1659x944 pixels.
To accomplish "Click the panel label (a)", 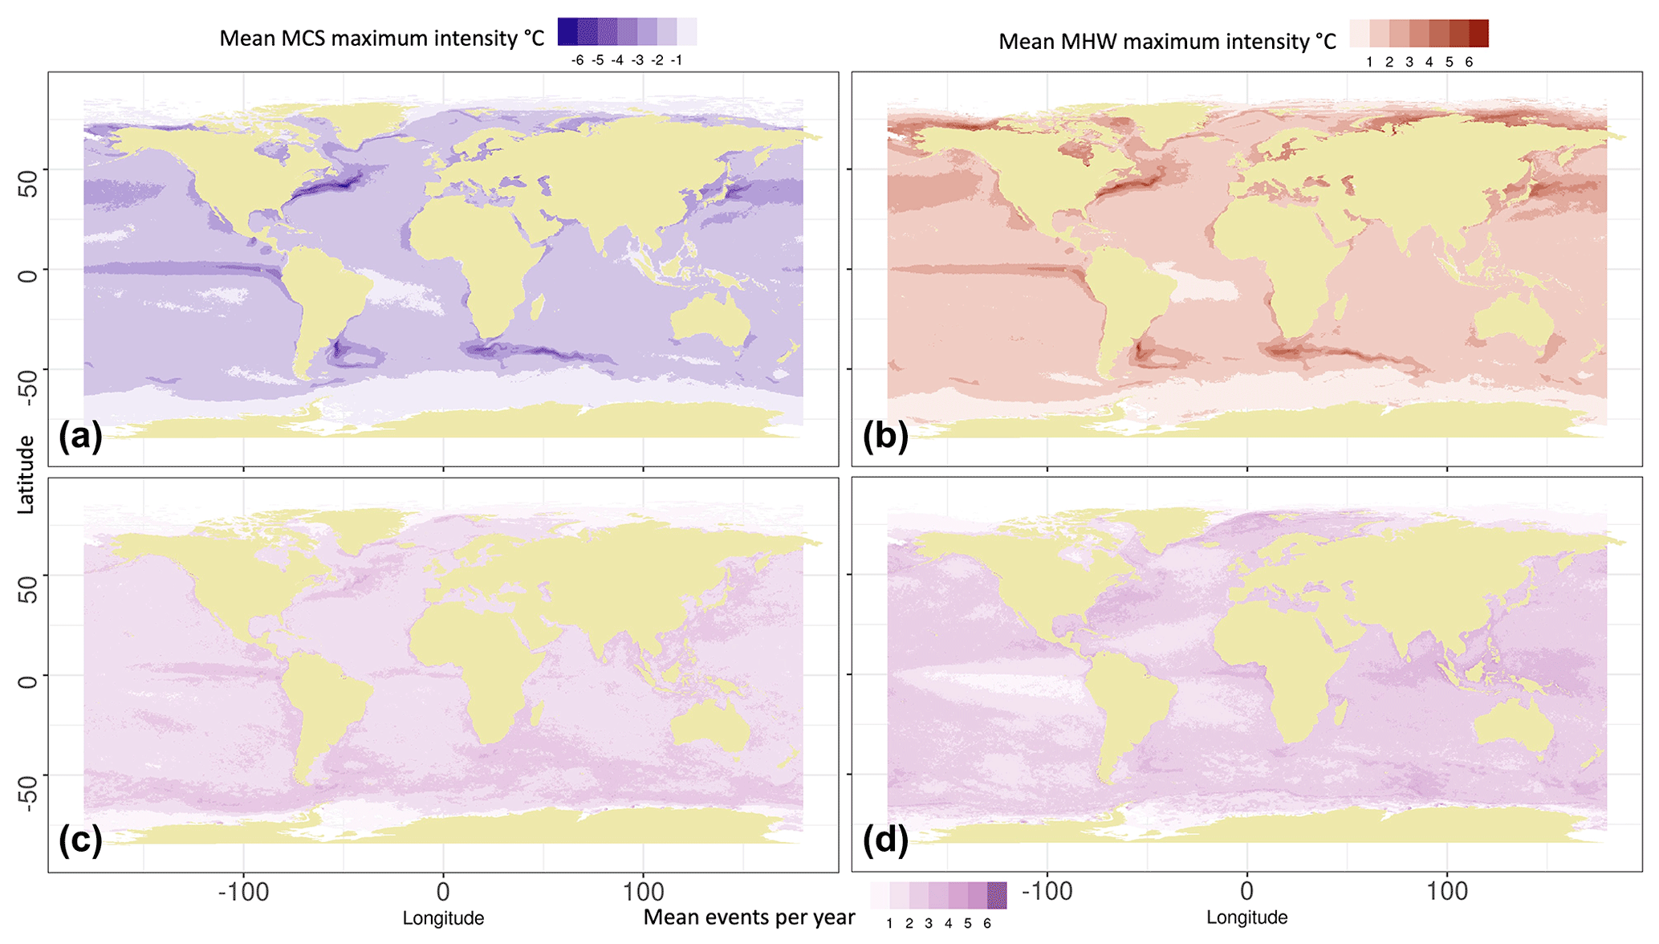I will [x=80, y=437].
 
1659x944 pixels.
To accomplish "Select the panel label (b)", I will [x=885, y=437].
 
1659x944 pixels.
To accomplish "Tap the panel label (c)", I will [x=80, y=840].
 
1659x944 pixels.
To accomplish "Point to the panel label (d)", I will [x=885, y=840].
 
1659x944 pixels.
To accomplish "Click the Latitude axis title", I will [x=26, y=474].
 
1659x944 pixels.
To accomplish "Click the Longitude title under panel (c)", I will [x=443, y=918].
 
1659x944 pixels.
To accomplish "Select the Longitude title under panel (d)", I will [x=1246, y=918].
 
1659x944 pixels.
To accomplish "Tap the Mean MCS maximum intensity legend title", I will [x=382, y=39].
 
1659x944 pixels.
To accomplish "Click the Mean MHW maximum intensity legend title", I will [x=1167, y=42].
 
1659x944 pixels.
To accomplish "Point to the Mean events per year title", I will [x=749, y=918].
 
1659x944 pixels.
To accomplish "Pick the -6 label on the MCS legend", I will [x=577, y=61].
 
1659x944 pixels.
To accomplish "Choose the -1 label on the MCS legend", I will [x=677, y=61].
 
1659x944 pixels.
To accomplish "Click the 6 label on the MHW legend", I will [x=1469, y=63].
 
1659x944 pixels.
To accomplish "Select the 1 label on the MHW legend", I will [x=1369, y=63].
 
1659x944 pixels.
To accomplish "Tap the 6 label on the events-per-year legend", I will [x=987, y=924].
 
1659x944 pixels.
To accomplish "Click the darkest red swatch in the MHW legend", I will [x=1478, y=34].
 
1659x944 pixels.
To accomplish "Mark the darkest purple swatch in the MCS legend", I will [x=567, y=31].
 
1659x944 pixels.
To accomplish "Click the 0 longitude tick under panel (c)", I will [x=443, y=892].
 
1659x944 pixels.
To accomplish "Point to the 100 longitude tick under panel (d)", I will [x=1447, y=891].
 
